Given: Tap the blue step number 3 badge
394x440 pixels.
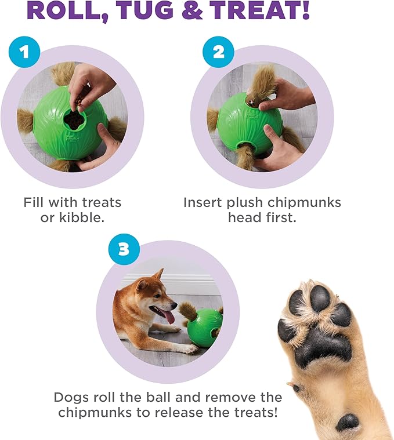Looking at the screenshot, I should click(123, 250).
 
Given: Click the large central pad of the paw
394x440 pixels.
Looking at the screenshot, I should click(319, 346).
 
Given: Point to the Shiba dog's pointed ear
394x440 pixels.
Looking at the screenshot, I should click(158, 274).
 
